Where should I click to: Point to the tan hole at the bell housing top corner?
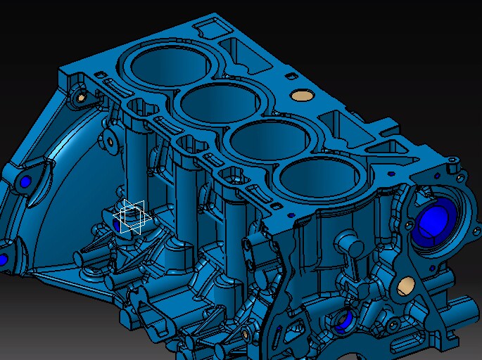[80, 96]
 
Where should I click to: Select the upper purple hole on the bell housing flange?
[26, 181]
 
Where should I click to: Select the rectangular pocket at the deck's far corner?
[210, 29]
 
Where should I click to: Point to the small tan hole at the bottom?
[245, 334]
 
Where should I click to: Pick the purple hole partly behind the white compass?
[117, 224]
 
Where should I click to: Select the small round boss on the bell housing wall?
[110, 141]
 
